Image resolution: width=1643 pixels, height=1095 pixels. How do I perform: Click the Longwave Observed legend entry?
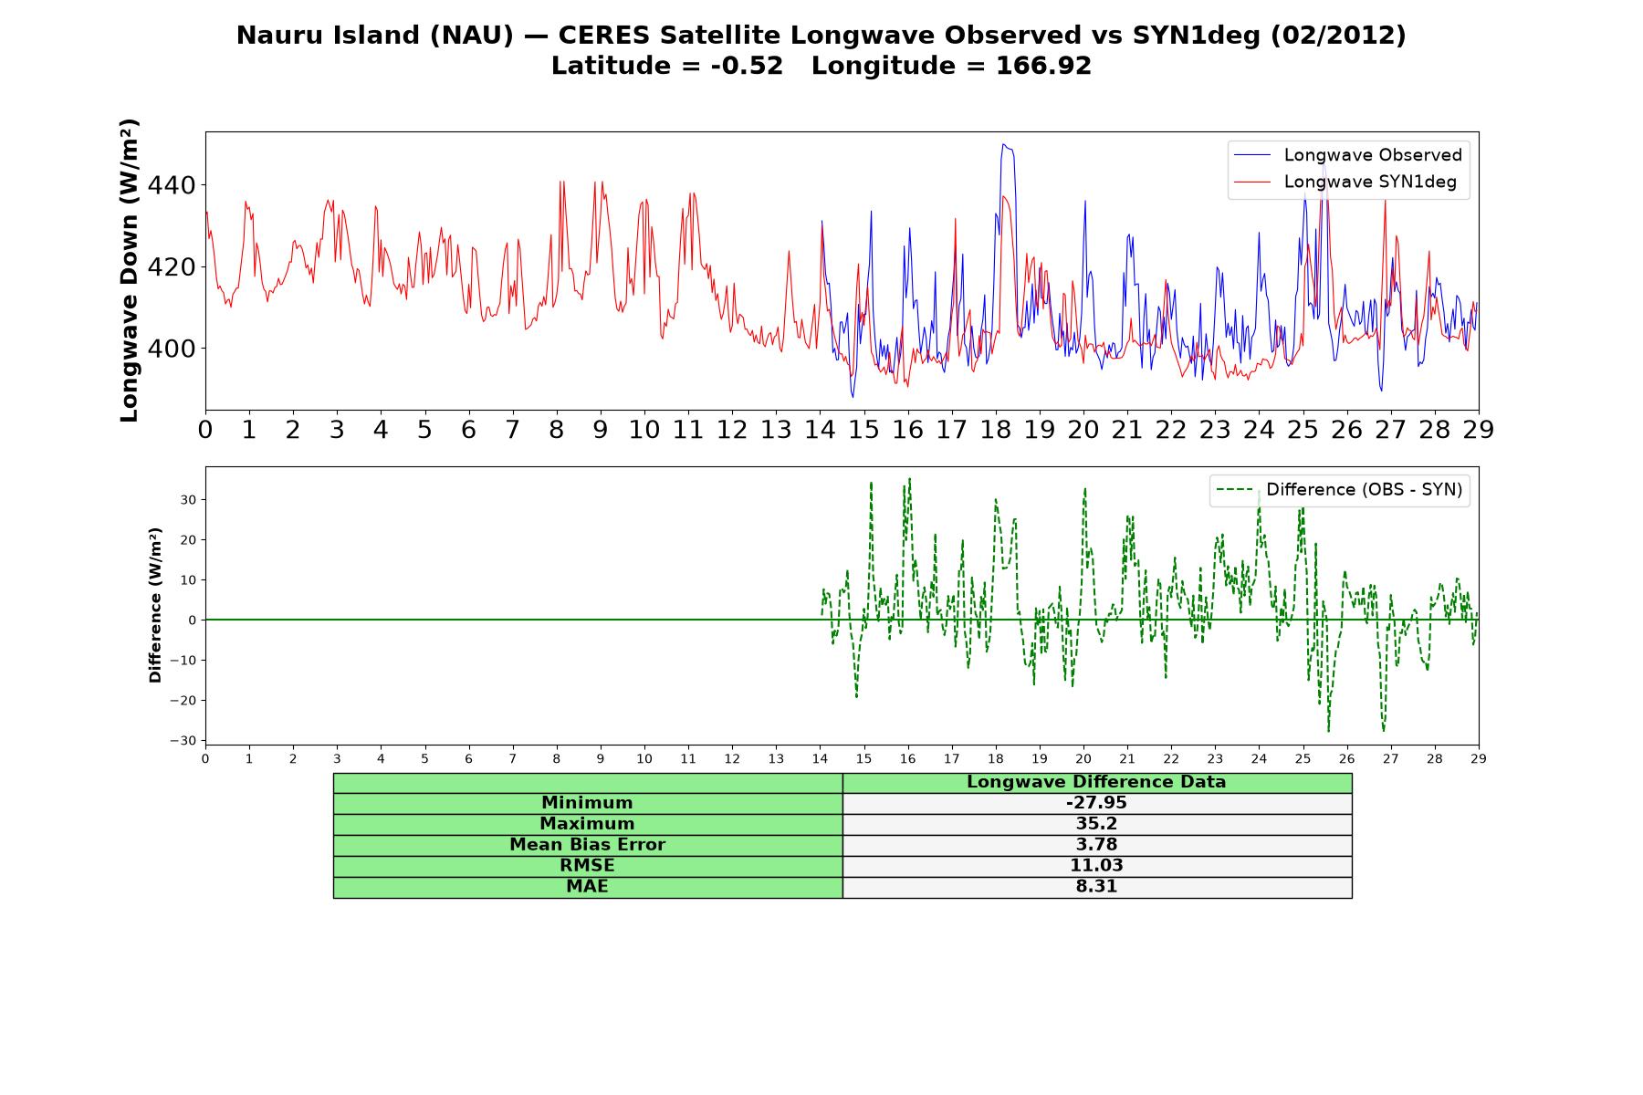click(x=1348, y=155)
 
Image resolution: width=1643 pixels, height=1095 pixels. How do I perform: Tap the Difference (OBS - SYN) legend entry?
click(x=1340, y=490)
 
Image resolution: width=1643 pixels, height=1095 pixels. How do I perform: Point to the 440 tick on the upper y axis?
click(x=172, y=185)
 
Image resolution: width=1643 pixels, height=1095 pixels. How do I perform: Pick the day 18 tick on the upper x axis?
click(x=996, y=429)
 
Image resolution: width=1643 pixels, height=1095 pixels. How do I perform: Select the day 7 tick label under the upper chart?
click(x=512, y=429)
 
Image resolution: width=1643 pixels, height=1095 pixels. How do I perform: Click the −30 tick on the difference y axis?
click(x=183, y=741)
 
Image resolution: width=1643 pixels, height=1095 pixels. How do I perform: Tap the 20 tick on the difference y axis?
click(x=189, y=540)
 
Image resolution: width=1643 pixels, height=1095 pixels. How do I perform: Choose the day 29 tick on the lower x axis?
click(x=1479, y=758)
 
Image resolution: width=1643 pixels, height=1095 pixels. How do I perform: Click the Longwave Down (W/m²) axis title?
click(x=129, y=270)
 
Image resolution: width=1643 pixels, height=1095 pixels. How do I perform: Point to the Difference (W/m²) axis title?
click(x=155, y=605)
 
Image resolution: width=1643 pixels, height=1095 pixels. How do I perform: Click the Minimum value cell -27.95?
click(x=1096, y=803)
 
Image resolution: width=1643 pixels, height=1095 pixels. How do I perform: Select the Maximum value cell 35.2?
click(x=1096, y=824)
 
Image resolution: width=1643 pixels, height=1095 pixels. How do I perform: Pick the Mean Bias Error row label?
click(x=587, y=845)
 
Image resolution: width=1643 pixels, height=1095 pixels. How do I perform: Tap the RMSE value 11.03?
click(x=1096, y=866)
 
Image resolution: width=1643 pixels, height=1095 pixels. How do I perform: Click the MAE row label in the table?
click(x=587, y=887)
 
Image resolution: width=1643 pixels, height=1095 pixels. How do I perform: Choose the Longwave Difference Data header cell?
click(x=1096, y=782)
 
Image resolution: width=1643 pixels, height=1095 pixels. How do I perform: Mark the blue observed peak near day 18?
click(x=1004, y=144)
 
